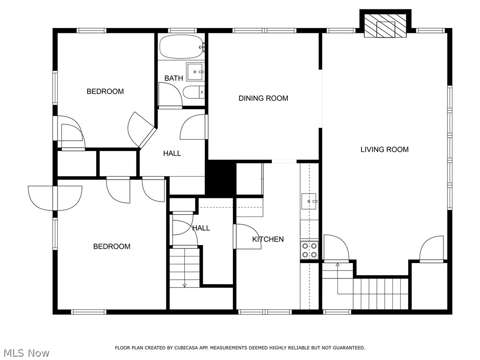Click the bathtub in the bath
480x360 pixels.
click(x=182, y=46)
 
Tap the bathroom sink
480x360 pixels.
click(x=195, y=72)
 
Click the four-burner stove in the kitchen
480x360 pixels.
click(x=309, y=250)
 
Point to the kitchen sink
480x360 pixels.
click(x=309, y=201)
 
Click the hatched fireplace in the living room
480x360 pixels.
click(x=385, y=26)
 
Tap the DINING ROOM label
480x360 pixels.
click(x=263, y=98)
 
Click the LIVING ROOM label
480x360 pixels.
click(x=384, y=150)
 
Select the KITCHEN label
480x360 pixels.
click(x=268, y=239)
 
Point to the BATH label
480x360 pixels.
click(x=173, y=78)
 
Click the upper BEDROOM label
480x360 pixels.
click(x=105, y=91)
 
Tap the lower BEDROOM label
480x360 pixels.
click(x=112, y=247)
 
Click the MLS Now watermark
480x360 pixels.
click(x=26, y=353)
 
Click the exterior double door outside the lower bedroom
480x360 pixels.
click(x=55, y=198)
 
